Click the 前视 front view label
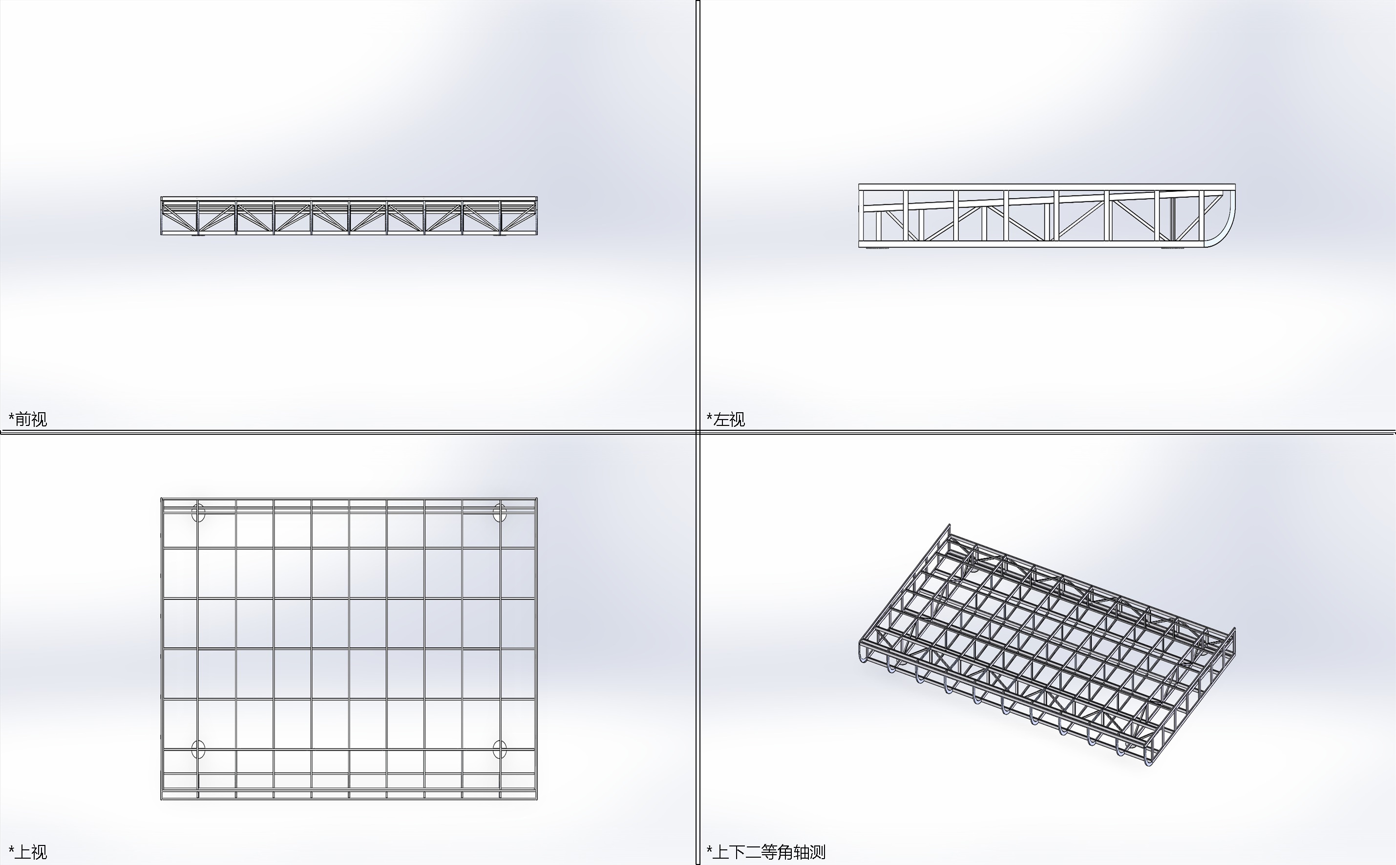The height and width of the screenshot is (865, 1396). [x=31, y=420]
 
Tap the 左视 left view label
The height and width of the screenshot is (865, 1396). [x=729, y=420]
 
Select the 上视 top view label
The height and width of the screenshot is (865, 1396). [x=31, y=852]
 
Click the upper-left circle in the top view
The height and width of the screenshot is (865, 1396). [x=198, y=512]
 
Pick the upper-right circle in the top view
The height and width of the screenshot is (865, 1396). [x=500, y=512]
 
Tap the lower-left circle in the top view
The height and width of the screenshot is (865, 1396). [x=198, y=749]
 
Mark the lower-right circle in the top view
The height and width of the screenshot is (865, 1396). [x=500, y=749]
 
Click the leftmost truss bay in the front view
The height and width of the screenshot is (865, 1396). [x=180, y=216]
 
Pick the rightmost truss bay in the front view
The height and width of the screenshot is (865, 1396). [x=519, y=216]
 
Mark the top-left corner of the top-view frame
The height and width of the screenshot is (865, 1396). [x=161, y=498]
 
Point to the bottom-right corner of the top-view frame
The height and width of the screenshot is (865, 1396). [x=537, y=799]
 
